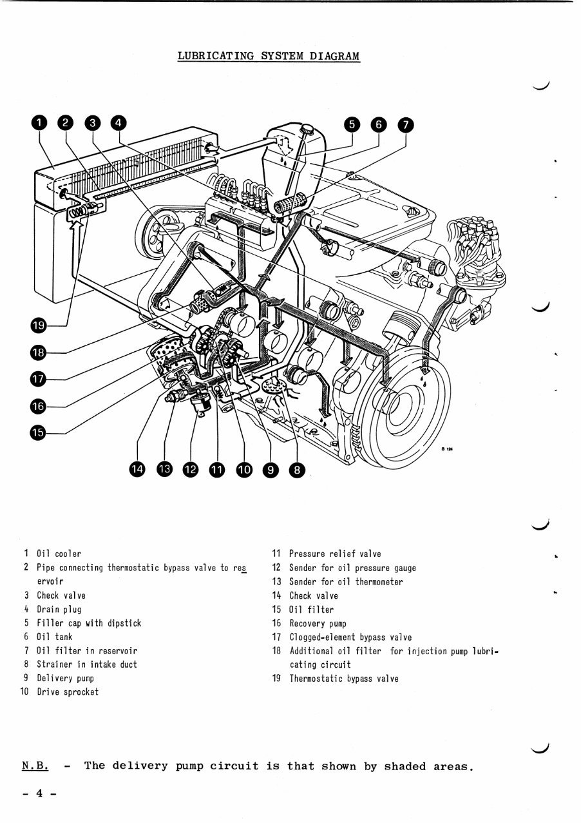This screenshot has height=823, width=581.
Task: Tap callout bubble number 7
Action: (405, 124)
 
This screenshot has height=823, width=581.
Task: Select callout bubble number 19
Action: (39, 325)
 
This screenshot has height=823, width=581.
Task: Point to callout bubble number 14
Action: (138, 470)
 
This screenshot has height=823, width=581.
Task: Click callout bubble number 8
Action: (296, 470)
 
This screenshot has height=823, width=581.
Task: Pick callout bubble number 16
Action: (39, 405)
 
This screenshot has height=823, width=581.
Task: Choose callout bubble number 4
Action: (119, 123)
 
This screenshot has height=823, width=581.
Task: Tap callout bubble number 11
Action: (217, 470)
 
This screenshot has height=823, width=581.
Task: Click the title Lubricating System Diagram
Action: (269, 56)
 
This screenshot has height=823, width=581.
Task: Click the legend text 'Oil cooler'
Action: (59, 554)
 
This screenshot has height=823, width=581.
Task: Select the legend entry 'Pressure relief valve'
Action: (334, 554)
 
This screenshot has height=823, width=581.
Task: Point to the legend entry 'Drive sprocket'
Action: (68, 692)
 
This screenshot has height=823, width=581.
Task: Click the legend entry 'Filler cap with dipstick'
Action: (88, 623)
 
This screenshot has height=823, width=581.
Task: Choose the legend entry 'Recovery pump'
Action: (318, 623)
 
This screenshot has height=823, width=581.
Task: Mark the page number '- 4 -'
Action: (39, 794)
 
